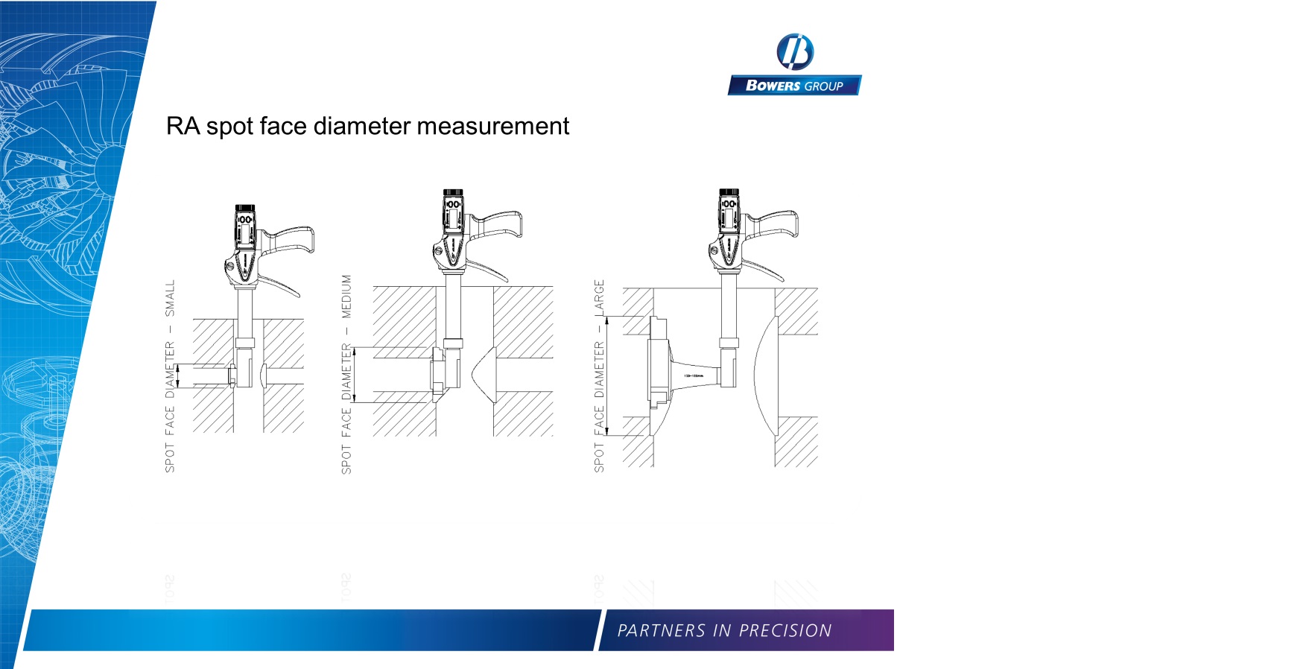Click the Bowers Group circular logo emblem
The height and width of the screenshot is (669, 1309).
pos(794,52)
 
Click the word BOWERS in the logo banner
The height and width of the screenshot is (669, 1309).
pos(773,86)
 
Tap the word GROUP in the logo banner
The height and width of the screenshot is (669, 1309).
pos(823,86)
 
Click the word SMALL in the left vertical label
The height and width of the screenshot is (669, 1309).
pos(170,298)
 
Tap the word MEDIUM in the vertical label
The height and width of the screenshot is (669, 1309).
pos(346,296)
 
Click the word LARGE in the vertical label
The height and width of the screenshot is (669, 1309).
pos(599,297)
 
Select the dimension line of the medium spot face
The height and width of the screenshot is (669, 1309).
pos(355,375)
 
